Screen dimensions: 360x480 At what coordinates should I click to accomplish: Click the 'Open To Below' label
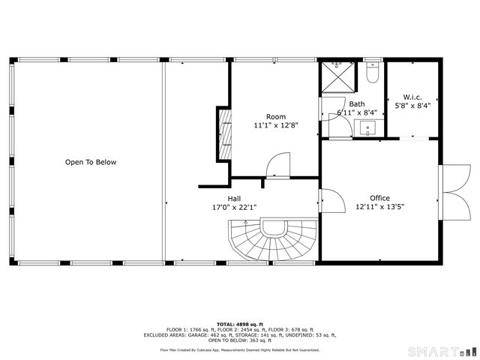click(90, 162)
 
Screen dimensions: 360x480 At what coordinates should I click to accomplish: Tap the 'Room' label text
click(276, 117)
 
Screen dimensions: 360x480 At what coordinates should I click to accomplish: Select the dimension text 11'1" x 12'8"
click(276, 126)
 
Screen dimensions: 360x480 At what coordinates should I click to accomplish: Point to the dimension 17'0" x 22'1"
click(234, 208)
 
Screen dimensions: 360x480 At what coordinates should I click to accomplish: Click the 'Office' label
click(379, 199)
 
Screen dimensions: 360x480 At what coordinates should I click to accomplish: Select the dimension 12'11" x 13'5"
click(379, 208)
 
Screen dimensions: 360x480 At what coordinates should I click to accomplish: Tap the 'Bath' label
click(356, 104)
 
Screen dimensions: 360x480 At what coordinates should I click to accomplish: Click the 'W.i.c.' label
click(412, 97)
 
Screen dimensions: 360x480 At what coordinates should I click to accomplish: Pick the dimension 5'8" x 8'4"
click(412, 106)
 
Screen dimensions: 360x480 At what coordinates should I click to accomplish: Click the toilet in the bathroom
click(372, 73)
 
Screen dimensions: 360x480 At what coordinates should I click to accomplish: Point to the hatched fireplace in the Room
click(223, 133)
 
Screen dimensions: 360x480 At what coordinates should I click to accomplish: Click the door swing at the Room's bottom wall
click(278, 165)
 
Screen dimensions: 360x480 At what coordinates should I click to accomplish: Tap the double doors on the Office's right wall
click(451, 190)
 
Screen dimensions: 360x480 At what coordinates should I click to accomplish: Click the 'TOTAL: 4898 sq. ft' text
click(239, 323)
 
